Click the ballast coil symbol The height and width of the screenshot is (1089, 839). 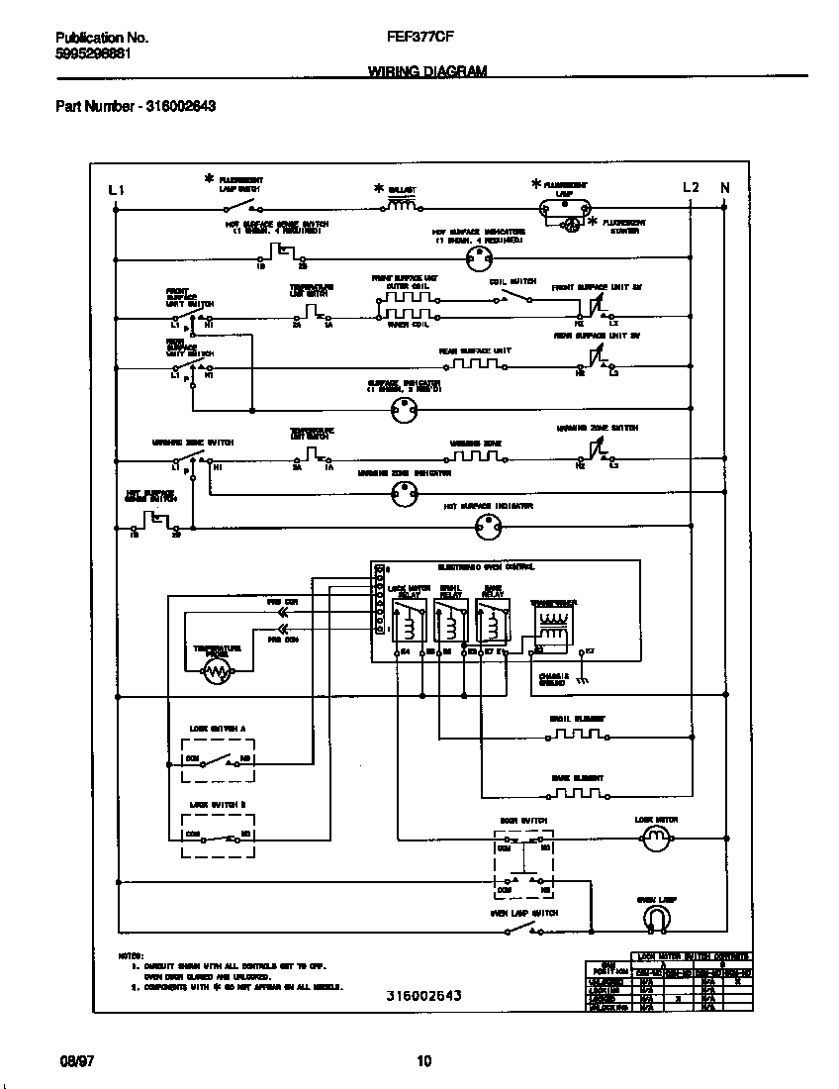401,207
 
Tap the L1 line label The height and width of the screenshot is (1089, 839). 116,189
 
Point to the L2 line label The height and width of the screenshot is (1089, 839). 691,188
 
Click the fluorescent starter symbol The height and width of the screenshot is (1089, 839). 571,226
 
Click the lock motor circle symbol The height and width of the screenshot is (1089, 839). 656,841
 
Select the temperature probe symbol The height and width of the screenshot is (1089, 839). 216,672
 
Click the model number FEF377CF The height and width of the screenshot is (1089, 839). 413,38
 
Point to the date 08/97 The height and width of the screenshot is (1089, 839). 72,1061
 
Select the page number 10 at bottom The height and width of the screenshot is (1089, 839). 423,1061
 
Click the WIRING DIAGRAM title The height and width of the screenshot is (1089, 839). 426,71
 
